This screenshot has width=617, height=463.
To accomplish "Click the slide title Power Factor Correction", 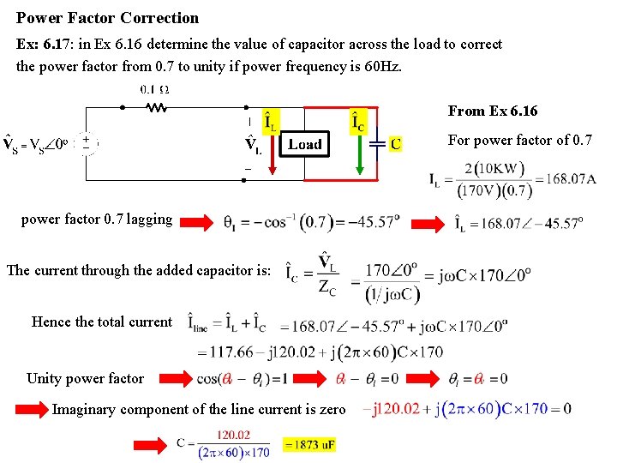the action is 108,18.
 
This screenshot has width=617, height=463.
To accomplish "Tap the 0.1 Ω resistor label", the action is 154,89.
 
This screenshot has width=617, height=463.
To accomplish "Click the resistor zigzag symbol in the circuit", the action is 156,108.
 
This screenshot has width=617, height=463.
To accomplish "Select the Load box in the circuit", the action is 305,144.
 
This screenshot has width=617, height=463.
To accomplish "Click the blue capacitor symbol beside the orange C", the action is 373,144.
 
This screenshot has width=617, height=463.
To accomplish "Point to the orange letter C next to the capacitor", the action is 395,144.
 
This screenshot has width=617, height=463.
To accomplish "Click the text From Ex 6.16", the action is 493,111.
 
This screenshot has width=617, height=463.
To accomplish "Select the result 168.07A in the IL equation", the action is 567,179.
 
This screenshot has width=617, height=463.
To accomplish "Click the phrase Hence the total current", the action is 102,322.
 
